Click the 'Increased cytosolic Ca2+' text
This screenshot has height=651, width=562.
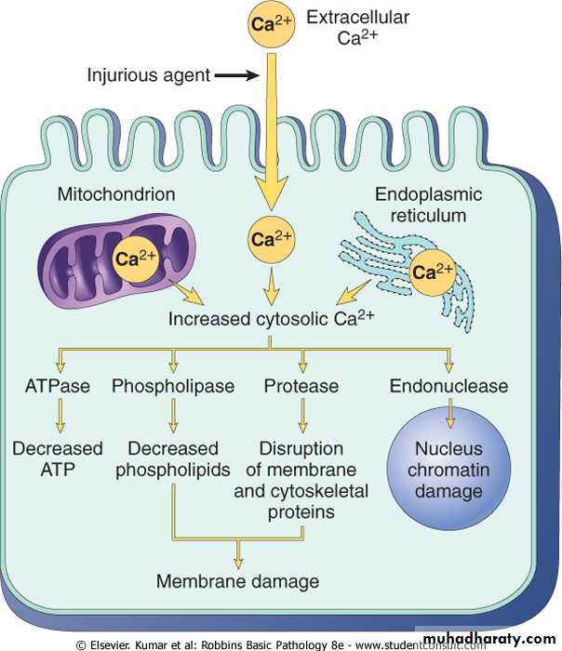coord(271,320)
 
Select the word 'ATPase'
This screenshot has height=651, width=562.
coord(57,385)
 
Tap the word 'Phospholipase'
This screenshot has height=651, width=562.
coord(172,385)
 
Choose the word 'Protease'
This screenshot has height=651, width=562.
coord(301,385)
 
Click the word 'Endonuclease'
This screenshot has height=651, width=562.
coord(449,385)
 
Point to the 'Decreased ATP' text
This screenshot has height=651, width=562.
coord(58,458)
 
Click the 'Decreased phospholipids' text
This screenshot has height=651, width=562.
coord(173,458)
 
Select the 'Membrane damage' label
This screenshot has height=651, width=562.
coord(237,581)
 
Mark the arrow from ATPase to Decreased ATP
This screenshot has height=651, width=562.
coord(59,415)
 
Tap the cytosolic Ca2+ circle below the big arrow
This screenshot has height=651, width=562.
coord(270,239)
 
